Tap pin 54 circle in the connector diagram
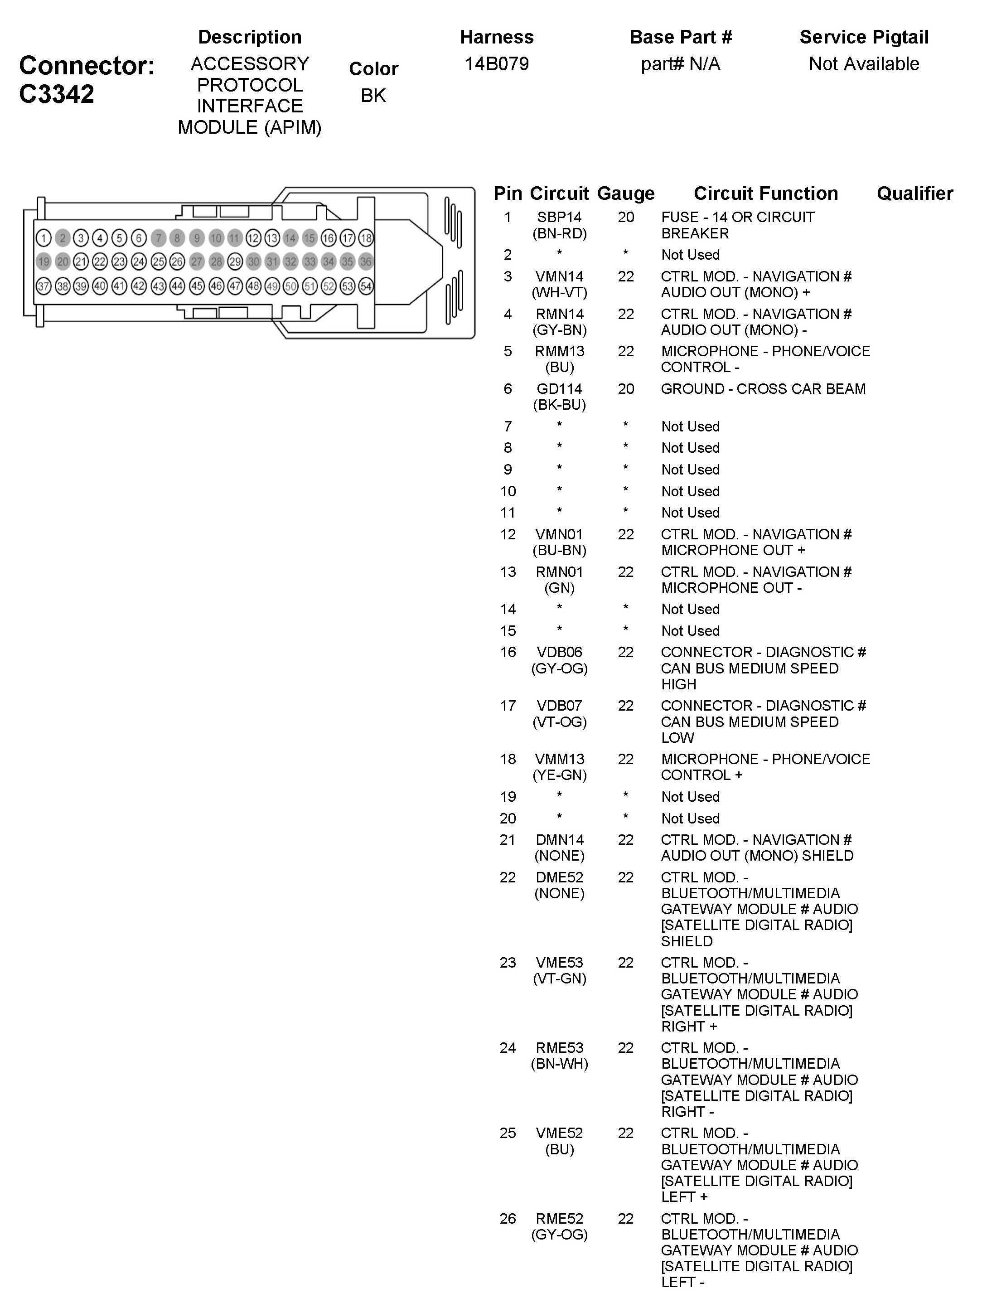[366, 286]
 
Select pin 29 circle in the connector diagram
[235, 262]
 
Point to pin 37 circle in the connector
[44, 286]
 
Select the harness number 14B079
[496, 63]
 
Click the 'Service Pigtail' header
[864, 37]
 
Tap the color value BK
[373, 95]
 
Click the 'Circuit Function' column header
[765, 193]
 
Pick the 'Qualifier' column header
[914, 193]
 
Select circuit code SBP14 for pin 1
[559, 217]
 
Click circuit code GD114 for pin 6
[559, 388]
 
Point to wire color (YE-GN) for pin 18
[559, 775]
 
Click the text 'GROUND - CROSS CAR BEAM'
[763, 388]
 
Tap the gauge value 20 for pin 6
[625, 388]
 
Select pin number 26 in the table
[508, 1219]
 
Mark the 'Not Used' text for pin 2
[690, 255]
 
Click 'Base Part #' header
[681, 37]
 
